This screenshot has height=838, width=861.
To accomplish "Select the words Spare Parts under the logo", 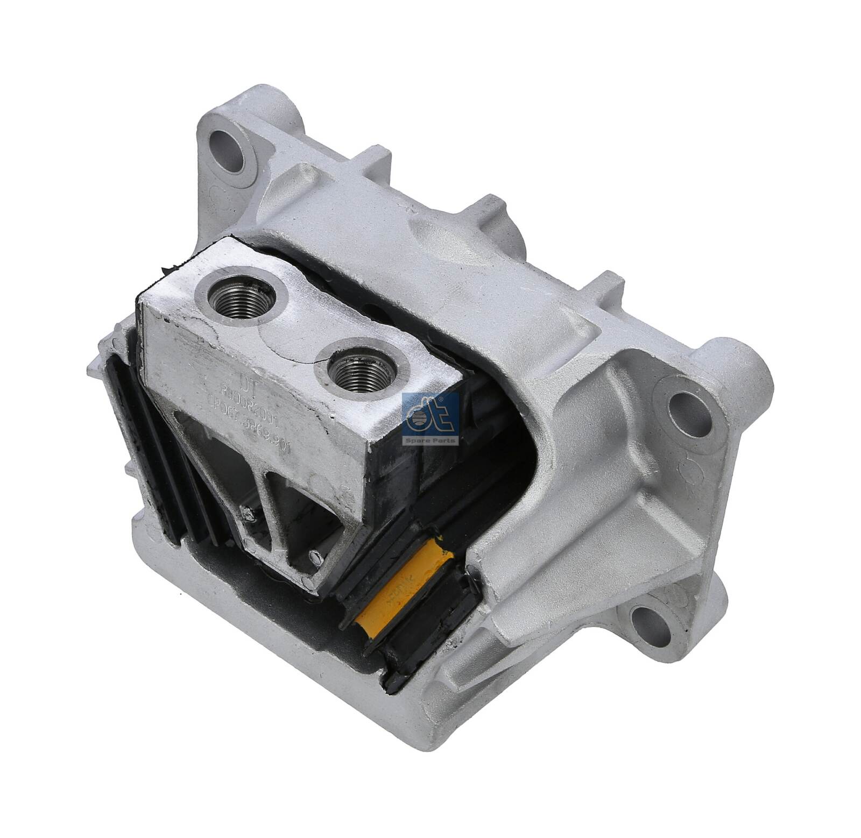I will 430,441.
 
